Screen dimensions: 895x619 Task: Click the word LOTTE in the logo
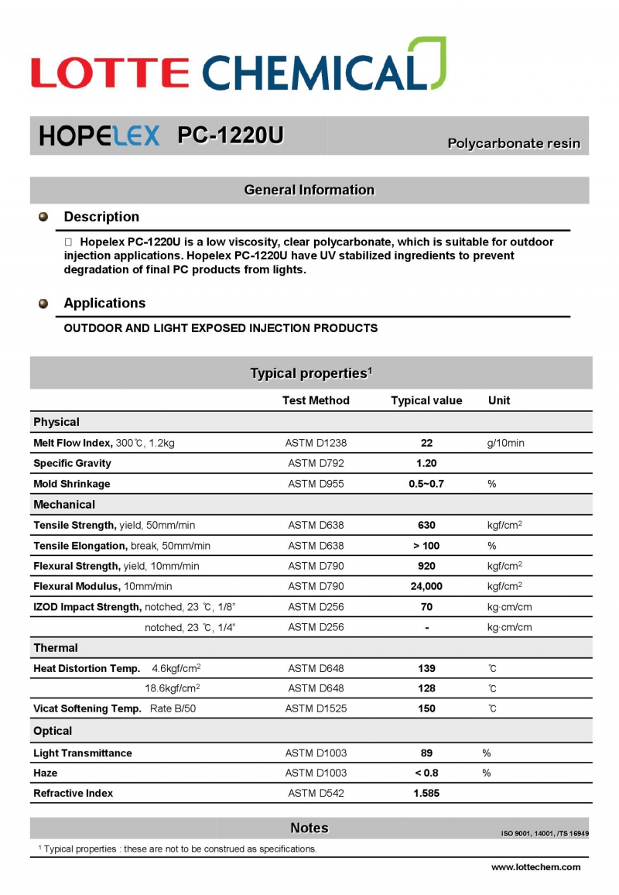pyautogui.click(x=110, y=73)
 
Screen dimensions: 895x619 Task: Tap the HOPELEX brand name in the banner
pyautogui.click(x=99, y=135)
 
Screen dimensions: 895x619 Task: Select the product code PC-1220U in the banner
pyautogui.click(x=231, y=135)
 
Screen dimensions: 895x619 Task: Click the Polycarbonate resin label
pyautogui.click(x=514, y=143)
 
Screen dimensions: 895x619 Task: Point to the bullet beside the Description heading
pyautogui.click(x=43, y=217)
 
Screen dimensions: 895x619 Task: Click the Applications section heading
pyautogui.click(x=104, y=303)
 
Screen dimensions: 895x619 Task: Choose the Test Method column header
pyautogui.click(x=316, y=400)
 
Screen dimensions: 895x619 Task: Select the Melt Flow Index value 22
pyautogui.click(x=426, y=443)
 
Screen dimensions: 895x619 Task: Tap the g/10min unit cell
pyautogui.click(x=505, y=443)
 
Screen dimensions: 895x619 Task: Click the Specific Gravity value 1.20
pyautogui.click(x=426, y=463)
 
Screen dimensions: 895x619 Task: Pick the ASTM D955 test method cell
pyautogui.click(x=316, y=484)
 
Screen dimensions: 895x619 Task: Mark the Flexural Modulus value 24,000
pyautogui.click(x=426, y=586)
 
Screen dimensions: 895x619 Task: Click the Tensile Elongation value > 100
pyautogui.click(x=426, y=546)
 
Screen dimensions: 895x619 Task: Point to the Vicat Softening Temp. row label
pyautogui.click(x=87, y=708)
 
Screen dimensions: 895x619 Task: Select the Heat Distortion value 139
pyautogui.click(x=426, y=668)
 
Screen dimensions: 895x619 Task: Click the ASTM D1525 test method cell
pyautogui.click(x=316, y=708)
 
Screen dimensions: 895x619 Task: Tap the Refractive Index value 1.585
pyautogui.click(x=426, y=793)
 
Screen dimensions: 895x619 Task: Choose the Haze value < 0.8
pyautogui.click(x=426, y=773)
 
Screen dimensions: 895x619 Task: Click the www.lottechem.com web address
pyautogui.click(x=535, y=867)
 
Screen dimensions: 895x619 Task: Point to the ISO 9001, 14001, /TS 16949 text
pyautogui.click(x=545, y=834)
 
